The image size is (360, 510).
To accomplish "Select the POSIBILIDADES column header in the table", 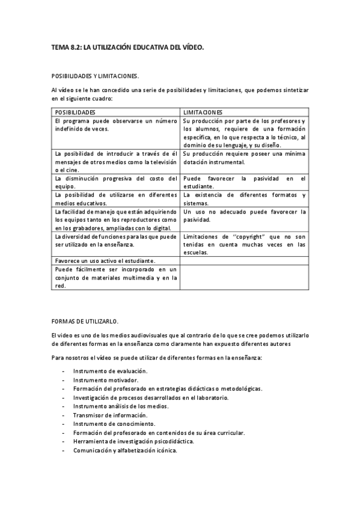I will [75, 112].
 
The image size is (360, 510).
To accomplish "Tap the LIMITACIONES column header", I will [203, 112].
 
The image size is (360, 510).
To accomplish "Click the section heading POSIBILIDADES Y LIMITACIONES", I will [95, 76].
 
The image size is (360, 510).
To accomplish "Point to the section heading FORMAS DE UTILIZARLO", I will [85, 321].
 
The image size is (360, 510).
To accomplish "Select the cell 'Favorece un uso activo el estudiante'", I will [105, 260].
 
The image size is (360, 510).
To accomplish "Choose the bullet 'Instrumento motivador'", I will [105, 380].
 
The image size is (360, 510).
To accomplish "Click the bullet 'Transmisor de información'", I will [109, 415].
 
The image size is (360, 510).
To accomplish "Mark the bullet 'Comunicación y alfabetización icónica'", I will [125, 449].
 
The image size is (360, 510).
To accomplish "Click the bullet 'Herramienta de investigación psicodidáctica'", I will [133, 441].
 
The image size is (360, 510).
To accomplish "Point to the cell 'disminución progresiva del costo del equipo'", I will [115, 182].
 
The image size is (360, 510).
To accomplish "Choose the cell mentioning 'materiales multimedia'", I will [115, 277].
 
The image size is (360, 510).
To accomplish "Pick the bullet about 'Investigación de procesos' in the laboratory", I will [150, 398].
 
